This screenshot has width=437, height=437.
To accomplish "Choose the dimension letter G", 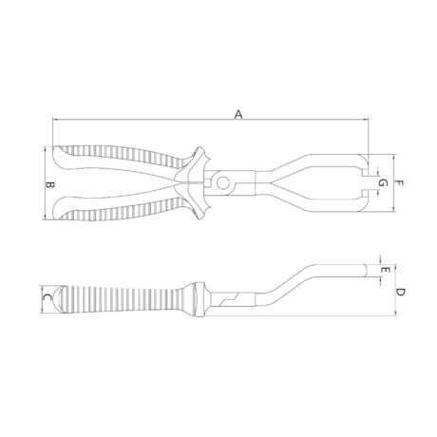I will point(382,180).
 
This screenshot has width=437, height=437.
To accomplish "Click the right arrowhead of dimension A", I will point(369,120).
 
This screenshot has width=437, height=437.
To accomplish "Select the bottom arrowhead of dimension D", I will point(393,317).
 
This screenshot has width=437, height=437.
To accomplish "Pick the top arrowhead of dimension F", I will point(391,156).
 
